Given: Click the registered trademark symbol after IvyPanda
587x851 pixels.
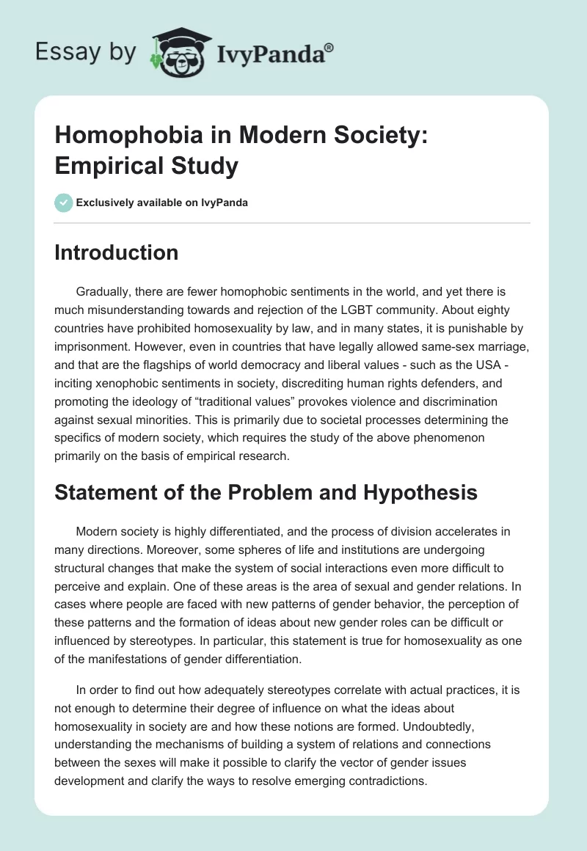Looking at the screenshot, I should pyautogui.click(x=329, y=47).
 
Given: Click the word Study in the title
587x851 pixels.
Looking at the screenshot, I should pyautogui.click(x=203, y=166).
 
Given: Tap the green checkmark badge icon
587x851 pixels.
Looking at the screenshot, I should pyautogui.click(x=64, y=202).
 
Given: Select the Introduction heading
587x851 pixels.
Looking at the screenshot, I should pyautogui.click(x=117, y=252).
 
